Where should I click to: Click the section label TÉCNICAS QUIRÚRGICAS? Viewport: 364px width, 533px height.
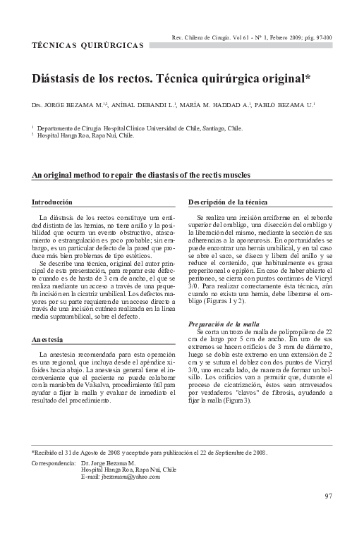click(x=88, y=45)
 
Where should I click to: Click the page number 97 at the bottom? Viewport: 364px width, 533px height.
click(x=328, y=496)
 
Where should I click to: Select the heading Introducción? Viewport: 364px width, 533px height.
click(x=52, y=202)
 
